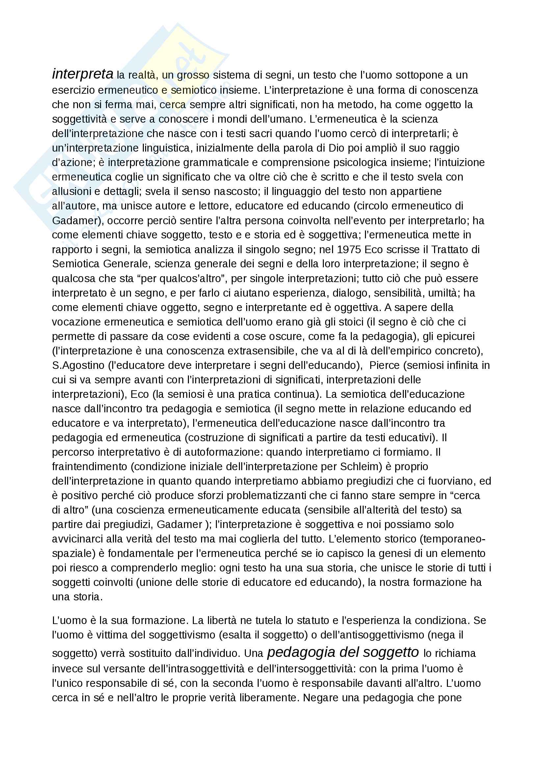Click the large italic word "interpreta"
[x=83, y=74]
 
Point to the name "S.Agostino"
[x=78, y=365]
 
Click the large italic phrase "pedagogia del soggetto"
[x=343, y=652]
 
